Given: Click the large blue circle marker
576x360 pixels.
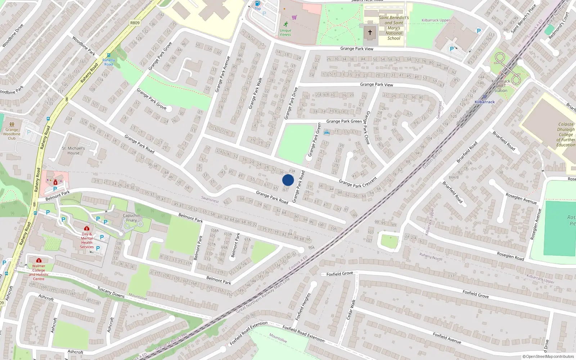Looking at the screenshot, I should (x=288, y=180).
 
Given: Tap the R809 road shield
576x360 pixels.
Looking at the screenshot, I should (x=135, y=23).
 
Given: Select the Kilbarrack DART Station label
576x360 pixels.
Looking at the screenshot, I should (x=500, y=86).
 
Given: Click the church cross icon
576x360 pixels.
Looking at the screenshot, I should (x=370, y=32).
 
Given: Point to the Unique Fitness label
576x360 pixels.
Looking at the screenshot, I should (x=285, y=32).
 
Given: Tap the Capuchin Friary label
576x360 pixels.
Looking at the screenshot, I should (x=131, y=218).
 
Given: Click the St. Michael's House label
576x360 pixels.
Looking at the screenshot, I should (x=73, y=150).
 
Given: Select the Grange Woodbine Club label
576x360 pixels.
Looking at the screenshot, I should (x=12, y=134).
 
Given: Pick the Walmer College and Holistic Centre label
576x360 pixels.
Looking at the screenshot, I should (x=39, y=272).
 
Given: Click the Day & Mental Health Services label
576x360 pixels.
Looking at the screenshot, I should (x=87, y=240).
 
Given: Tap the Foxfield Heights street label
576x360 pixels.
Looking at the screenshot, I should (x=302, y=307).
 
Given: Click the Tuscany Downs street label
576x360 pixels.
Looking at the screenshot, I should (x=111, y=292).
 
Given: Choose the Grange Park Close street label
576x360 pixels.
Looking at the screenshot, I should (x=367, y=128).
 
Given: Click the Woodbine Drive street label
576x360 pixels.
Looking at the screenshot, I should (x=13, y=36).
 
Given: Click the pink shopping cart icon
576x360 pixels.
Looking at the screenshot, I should (x=294, y=17).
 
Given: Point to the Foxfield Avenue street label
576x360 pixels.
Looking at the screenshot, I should (x=447, y=338).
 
